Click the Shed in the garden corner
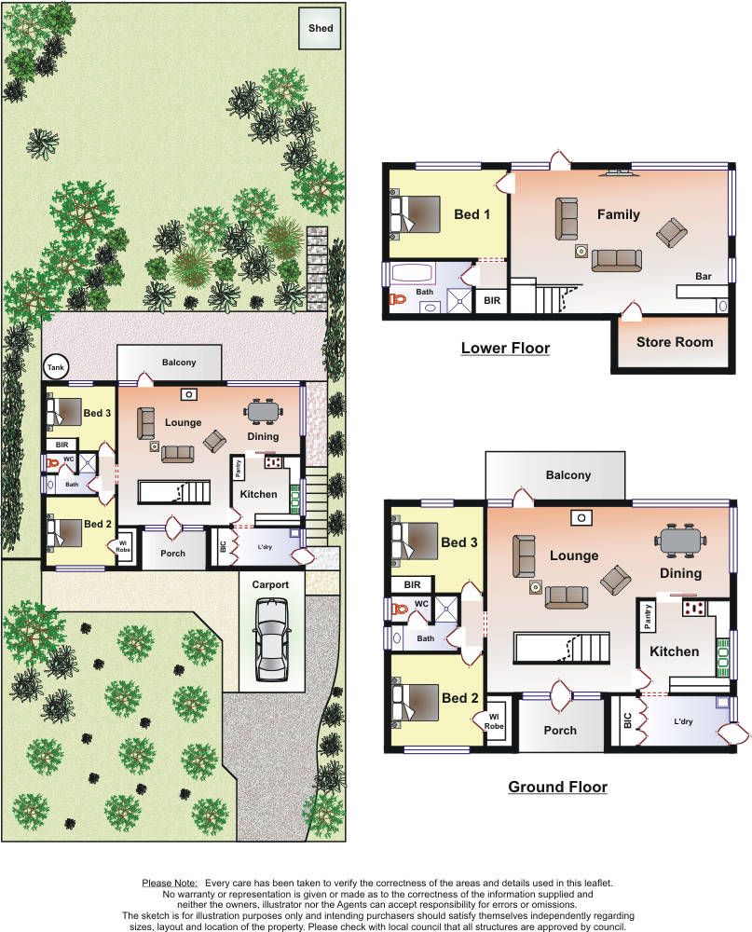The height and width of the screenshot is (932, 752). [321, 28]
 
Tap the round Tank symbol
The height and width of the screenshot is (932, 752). [56, 367]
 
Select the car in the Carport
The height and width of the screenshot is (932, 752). [270, 639]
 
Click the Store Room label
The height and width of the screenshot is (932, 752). [675, 342]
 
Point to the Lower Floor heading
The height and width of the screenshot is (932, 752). [505, 348]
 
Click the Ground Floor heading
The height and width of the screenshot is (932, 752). [557, 787]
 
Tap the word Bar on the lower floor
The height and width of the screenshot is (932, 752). [704, 277]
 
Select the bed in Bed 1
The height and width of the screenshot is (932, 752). [415, 214]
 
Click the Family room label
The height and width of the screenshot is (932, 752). [618, 214]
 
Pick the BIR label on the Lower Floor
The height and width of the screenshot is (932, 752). [492, 301]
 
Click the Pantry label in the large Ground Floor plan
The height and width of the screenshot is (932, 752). [648, 616]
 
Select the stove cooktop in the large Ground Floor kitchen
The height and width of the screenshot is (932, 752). [693, 608]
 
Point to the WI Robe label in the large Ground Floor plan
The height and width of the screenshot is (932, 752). [493, 721]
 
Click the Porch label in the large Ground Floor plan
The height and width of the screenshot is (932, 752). [560, 731]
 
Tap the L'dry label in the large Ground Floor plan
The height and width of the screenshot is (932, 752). [683, 721]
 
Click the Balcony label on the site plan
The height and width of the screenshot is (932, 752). [178, 362]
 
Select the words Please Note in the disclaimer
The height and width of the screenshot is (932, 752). [170, 884]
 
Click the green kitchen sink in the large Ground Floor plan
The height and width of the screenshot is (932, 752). [723, 654]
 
